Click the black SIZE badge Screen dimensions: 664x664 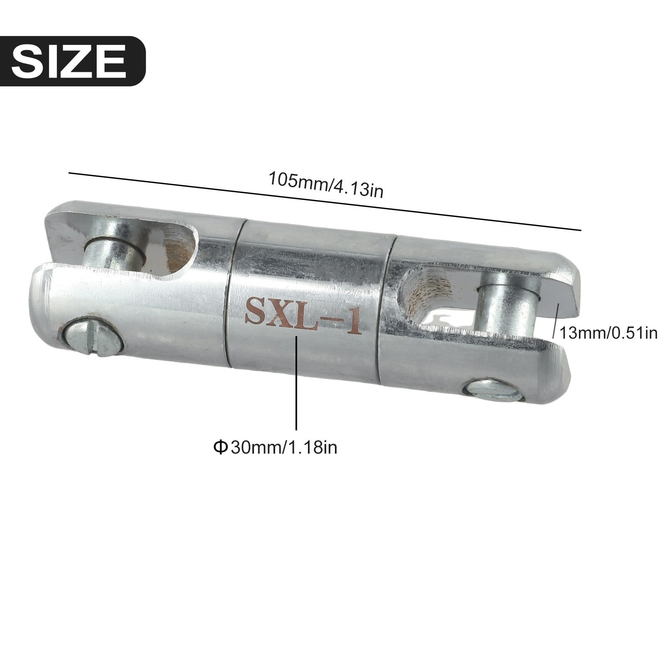(x=73, y=61)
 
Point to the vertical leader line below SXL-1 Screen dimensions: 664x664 (x=296, y=386)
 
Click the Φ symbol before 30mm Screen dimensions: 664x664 (x=220, y=447)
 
